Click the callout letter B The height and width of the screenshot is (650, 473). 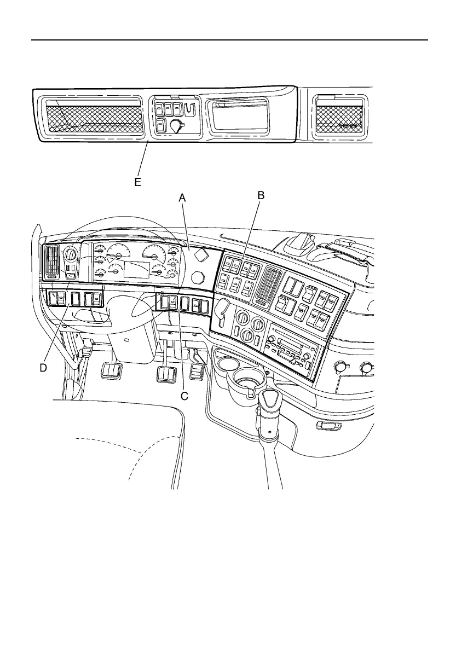[261, 194]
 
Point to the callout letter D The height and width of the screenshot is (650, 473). [43, 368]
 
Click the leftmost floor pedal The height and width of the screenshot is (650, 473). [111, 372]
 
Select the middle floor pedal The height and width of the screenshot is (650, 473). [166, 376]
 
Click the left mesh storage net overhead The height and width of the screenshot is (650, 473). [94, 119]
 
